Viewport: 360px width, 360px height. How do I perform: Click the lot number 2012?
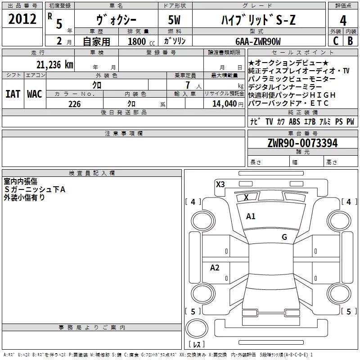(x=22, y=19)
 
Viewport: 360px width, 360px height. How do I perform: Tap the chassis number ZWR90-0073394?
(x=302, y=143)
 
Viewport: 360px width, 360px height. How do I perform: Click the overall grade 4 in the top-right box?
(x=343, y=21)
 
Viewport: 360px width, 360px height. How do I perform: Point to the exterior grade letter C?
(x=336, y=40)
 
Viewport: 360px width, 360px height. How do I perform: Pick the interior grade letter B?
(x=351, y=40)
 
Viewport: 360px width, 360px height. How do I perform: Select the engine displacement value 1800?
(x=137, y=41)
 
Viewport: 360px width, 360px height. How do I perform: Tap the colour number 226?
(x=74, y=104)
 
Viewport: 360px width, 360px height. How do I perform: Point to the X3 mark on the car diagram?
(x=220, y=184)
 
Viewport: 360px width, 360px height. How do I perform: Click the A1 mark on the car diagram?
(x=251, y=216)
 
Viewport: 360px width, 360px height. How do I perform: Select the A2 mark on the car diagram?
(x=215, y=268)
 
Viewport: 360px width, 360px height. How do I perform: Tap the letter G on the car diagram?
(x=284, y=237)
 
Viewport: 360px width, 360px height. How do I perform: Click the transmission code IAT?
(x=13, y=94)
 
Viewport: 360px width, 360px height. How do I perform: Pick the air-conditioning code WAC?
(x=34, y=94)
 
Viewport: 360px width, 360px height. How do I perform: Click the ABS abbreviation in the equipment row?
(x=294, y=121)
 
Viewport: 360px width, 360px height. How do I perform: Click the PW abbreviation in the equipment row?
(x=350, y=121)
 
